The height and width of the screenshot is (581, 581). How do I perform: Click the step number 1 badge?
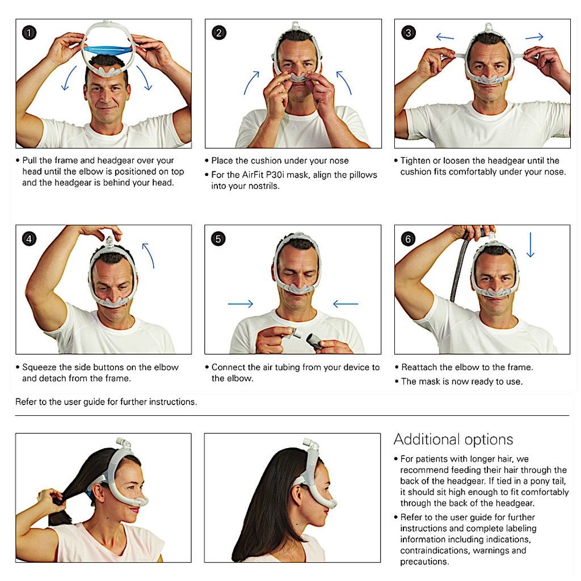click(30, 32)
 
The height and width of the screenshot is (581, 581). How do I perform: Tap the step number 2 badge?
click(219, 32)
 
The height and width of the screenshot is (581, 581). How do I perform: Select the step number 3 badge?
click(409, 32)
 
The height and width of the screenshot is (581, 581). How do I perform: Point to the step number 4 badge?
click(30, 239)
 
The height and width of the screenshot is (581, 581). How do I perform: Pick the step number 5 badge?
click(218, 239)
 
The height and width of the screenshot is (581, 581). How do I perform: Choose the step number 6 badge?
click(409, 239)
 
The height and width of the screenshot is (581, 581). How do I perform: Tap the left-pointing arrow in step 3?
click(445, 37)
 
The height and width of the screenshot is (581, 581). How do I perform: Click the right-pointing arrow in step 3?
click(534, 37)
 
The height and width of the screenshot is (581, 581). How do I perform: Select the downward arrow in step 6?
click(531, 245)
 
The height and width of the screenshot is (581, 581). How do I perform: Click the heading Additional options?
click(453, 440)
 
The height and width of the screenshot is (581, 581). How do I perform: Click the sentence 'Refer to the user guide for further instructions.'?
click(106, 402)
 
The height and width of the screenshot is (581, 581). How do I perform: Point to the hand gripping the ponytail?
click(51, 497)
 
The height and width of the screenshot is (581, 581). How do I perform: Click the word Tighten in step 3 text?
click(415, 161)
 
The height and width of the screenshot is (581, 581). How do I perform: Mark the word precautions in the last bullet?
click(424, 562)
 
